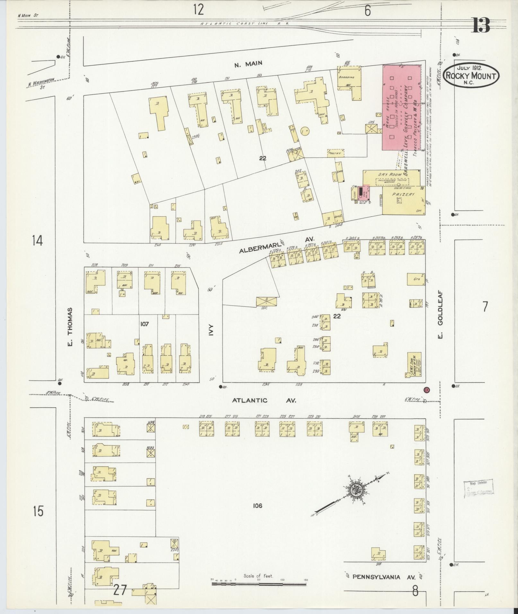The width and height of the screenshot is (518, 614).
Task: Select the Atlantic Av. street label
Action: coord(264,401)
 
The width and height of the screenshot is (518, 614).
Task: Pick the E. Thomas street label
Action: coord(71,327)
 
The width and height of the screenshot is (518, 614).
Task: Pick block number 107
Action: coord(145,324)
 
